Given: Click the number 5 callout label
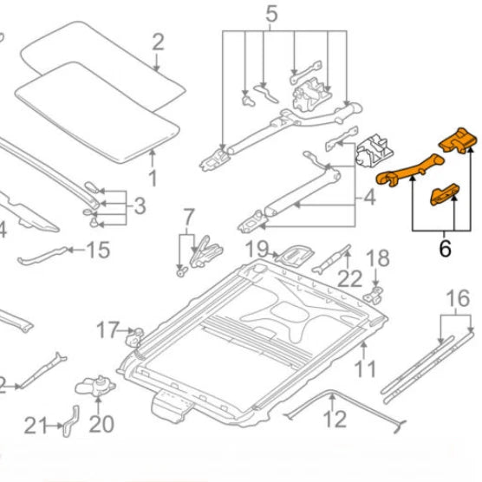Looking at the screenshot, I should coord(271,15).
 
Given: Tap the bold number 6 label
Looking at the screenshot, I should coord(446,249).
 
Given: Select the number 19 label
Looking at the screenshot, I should coord(257,251).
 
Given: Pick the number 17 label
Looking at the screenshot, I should coord(107,329).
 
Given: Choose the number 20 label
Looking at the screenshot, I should coord(101,424).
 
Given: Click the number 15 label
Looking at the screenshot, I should coord(98,251).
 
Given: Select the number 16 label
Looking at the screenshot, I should coord(457,303).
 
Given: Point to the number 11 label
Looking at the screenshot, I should coord(365,368).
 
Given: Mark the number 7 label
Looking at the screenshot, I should coord(187,215).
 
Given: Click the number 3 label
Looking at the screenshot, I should coord(140,205).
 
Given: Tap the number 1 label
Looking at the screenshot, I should coord(153,180).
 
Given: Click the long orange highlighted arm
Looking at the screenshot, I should coord(407,170).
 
